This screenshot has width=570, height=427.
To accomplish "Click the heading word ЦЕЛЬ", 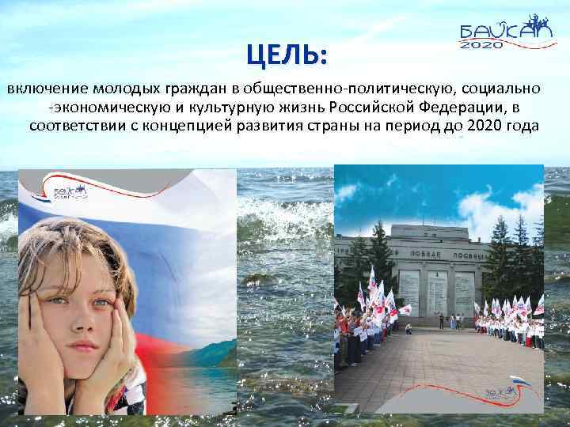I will [x=286, y=55].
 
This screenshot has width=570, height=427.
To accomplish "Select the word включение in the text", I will [x=45, y=86].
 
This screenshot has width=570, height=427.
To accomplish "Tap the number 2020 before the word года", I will [x=483, y=127].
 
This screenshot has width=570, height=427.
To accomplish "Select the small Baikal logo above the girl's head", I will [x=68, y=193].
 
